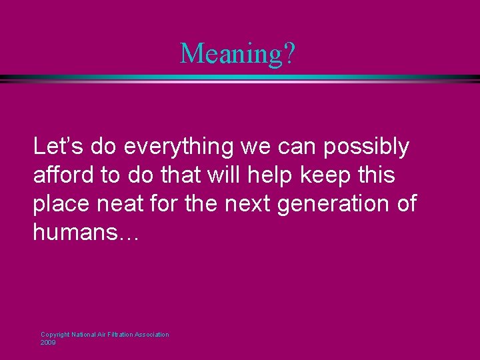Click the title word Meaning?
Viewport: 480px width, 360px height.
pos(237,53)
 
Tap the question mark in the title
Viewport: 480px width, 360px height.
pos(287,53)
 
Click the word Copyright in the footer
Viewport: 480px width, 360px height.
pos(55,335)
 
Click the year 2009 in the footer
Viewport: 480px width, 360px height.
pos(48,342)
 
